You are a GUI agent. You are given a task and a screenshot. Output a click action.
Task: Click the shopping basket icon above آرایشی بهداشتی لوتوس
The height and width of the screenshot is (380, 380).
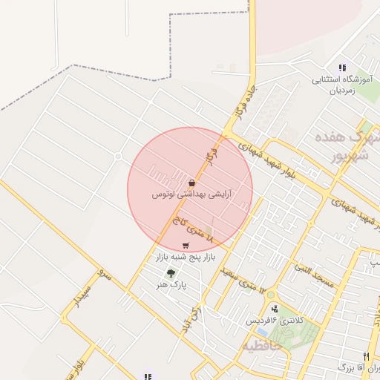192,183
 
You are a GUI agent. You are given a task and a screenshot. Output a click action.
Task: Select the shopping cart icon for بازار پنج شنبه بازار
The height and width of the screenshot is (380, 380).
185,246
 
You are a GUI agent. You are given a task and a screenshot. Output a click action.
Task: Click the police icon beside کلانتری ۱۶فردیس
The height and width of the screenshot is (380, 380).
274,308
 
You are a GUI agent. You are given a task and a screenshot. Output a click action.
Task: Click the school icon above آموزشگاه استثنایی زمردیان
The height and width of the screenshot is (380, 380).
342,68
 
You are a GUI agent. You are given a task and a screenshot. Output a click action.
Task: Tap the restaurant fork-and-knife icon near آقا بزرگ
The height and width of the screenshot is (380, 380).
366,356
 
